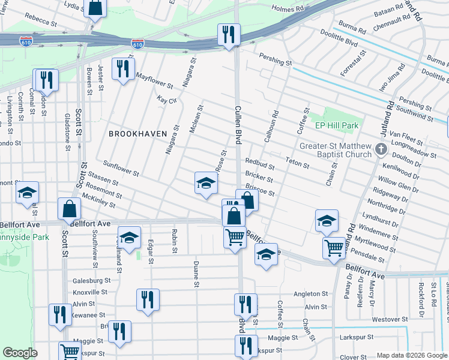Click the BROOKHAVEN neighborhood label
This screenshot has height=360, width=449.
pyautogui.click(x=137, y=134)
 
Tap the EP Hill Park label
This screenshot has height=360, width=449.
pyautogui.click(x=337, y=126)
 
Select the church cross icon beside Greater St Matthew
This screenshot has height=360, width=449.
pyautogui.click(x=380, y=148)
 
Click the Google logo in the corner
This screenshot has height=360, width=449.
pyautogui.click(x=20, y=353)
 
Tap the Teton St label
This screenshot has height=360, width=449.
pyautogui.click(x=297, y=161)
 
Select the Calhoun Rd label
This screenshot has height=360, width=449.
pyautogui.click(x=271, y=127)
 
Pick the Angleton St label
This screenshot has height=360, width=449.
pyautogui.click(x=310, y=295)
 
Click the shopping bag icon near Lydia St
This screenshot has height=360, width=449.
pyautogui.click(x=95, y=8)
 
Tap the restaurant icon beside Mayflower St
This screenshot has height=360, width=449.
pyautogui.click(x=122, y=68)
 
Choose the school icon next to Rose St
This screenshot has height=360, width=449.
pyautogui.click(x=206, y=183)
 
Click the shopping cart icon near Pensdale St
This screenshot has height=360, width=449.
pyautogui.click(x=334, y=246)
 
